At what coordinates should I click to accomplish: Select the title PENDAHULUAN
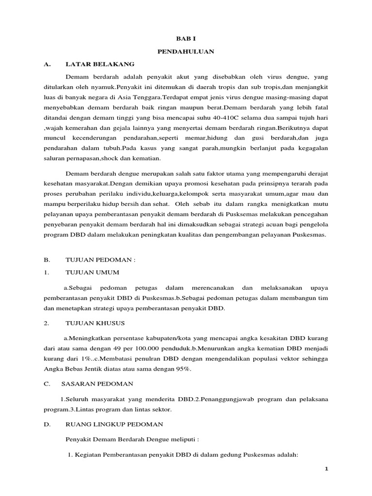(186, 51)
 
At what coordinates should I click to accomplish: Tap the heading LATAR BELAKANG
(100, 64)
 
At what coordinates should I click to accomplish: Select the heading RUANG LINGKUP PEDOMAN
(114, 424)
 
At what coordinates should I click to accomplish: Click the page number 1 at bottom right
(326, 469)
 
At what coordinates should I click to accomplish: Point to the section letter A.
(46, 64)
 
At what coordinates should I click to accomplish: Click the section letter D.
(46, 424)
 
